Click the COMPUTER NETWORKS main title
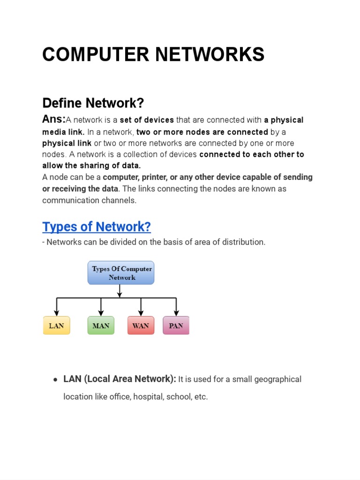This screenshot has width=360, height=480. pyautogui.click(x=153, y=55)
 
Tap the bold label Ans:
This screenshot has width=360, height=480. pyautogui.click(x=54, y=120)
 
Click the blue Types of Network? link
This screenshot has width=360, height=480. pyautogui.click(x=97, y=227)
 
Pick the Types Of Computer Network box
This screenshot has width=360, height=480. pyautogui.click(x=121, y=273)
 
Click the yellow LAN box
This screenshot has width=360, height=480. pyautogui.click(x=57, y=325)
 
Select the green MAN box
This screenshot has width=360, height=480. pyautogui.click(x=101, y=325)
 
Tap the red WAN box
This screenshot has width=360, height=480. pyautogui.click(x=141, y=325)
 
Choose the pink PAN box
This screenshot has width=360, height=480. pyautogui.click(x=176, y=325)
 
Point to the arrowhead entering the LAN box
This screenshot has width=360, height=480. pyautogui.click(x=57, y=313)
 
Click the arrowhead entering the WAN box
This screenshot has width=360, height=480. pyautogui.click(x=141, y=313)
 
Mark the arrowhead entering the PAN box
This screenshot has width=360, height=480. pyautogui.click(x=176, y=313)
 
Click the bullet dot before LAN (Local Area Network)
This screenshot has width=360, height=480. pyautogui.click(x=55, y=380)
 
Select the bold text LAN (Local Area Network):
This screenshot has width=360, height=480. pyautogui.click(x=120, y=379)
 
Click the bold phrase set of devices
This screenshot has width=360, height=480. pyautogui.click(x=147, y=120)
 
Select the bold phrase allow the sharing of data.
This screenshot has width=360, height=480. pyautogui.click(x=91, y=165)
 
